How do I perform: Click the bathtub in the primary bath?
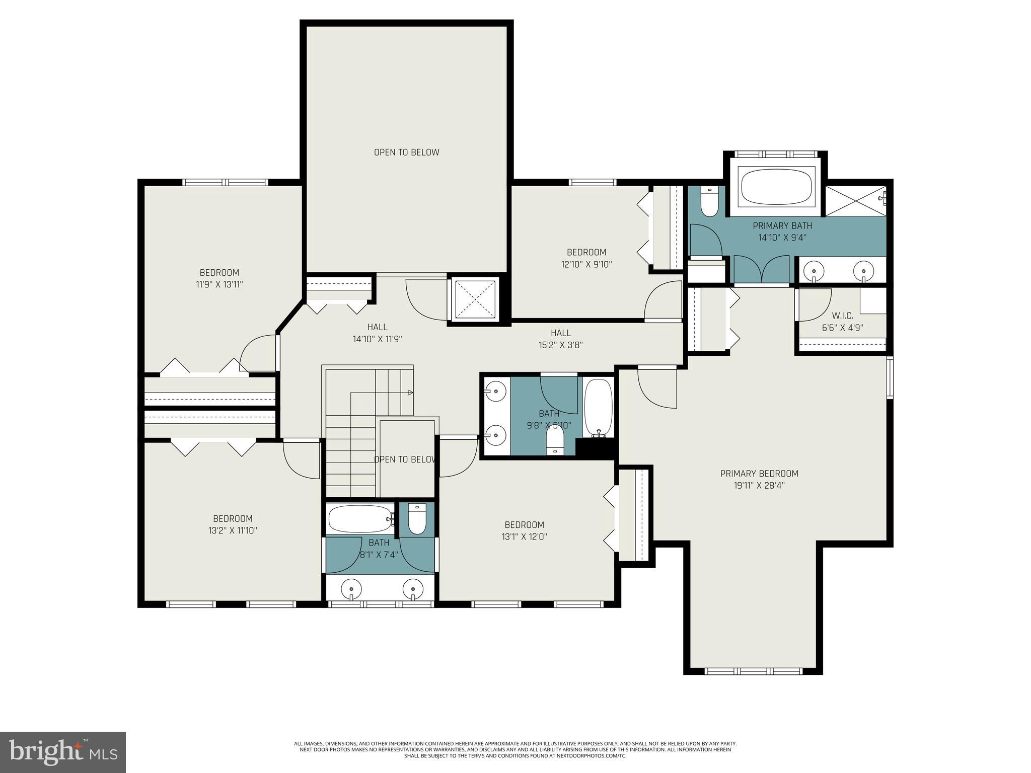click(776, 187)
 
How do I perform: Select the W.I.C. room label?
click(842, 316)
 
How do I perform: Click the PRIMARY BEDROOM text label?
click(759, 474)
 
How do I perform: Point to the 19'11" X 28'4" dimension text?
click(759, 486)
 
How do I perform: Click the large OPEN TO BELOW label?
click(406, 152)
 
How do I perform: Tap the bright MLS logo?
click(63, 752)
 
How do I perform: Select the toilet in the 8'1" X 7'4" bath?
click(417, 519)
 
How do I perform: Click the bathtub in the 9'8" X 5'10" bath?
click(599, 408)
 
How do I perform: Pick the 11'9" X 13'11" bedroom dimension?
click(219, 284)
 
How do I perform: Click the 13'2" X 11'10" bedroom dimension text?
click(232, 530)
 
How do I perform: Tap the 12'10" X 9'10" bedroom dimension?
click(586, 264)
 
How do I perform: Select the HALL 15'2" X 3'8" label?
click(560, 339)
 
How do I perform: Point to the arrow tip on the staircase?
click(411, 393)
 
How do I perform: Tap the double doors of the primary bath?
click(761, 270)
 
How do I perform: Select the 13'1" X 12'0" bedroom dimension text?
click(524, 536)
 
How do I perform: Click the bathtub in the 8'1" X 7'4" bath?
click(359, 519)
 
